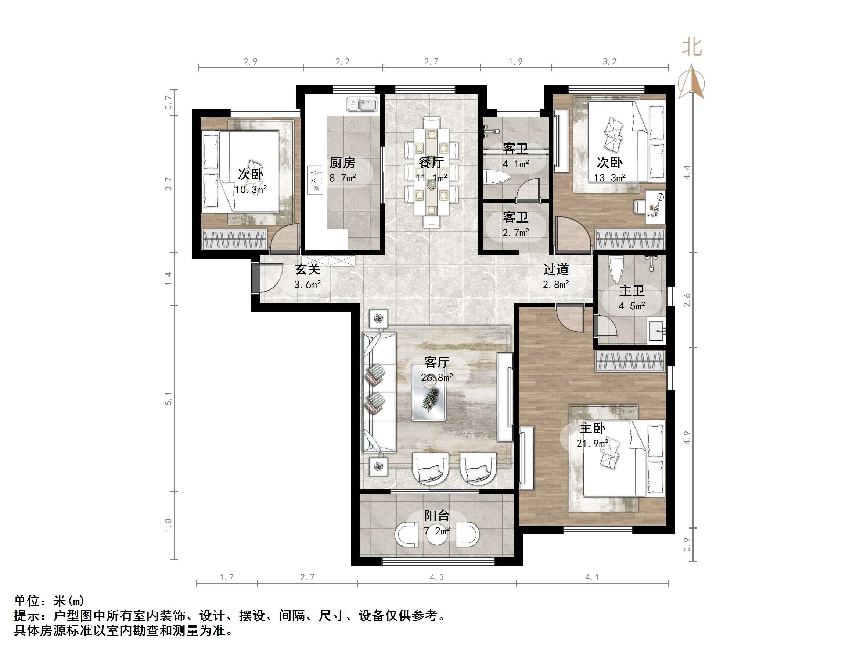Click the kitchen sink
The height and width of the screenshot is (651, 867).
tap(361, 104)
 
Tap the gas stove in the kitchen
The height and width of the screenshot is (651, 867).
tap(315, 180)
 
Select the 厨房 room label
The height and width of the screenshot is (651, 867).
tap(342, 163)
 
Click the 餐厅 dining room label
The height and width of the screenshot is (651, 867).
tap(431, 162)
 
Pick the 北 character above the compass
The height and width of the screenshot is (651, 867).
tap(692, 47)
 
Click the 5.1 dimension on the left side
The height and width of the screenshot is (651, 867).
tap(168, 398)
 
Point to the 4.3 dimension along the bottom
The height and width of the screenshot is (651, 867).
tap(437, 577)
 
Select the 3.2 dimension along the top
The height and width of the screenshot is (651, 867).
tap(609, 62)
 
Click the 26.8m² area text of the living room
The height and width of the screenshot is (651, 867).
tap(437, 377)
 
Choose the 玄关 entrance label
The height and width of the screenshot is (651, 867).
tap(308, 269)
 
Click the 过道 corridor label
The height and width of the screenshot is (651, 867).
tap(556, 269)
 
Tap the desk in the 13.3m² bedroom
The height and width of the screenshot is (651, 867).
tap(655, 207)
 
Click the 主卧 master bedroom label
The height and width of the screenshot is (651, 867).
tap(593, 428)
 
